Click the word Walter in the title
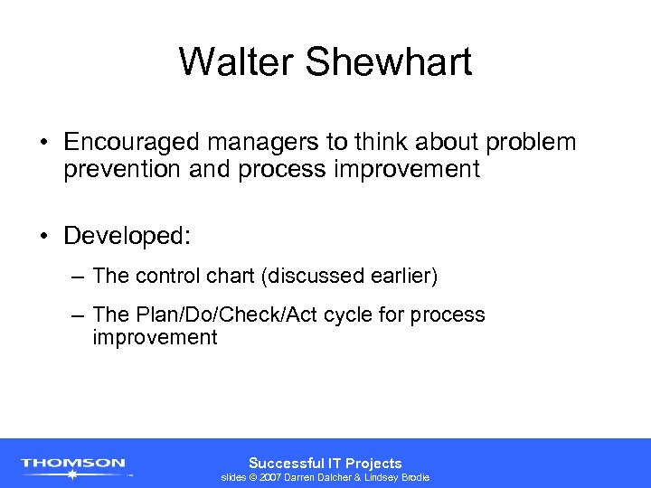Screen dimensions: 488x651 click(x=239, y=62)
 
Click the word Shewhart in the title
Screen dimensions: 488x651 click(x=390, y=62)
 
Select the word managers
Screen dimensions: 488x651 click(x=249, y=143)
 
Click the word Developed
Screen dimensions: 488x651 click(x=127, y=236)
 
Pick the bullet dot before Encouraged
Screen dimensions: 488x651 click(x=43, y=144)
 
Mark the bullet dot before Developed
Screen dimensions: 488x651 click(x=43, y=237)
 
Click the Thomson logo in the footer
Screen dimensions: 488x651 click(x=73, y=464)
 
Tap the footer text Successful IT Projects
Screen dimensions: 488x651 click(x=325, y=463)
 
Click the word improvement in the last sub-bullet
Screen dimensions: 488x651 click(x=155, y=338)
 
